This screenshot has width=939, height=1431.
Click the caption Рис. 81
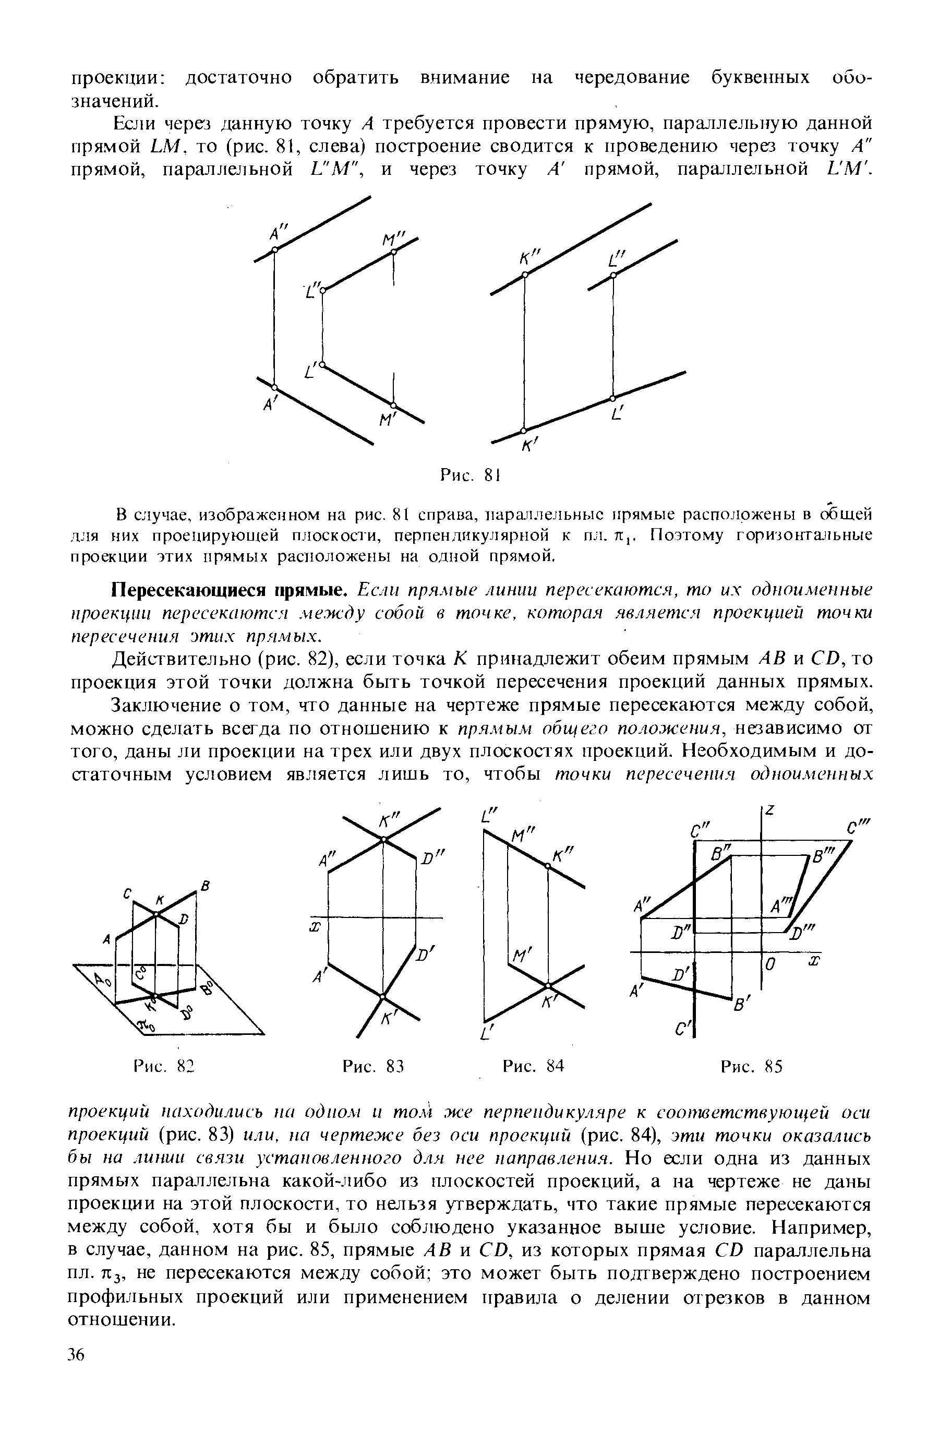coord(471,475)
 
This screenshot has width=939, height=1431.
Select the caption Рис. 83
coord(372,1067)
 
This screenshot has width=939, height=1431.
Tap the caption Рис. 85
coord(751,1067)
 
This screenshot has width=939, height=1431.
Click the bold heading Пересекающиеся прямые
coord(229,588)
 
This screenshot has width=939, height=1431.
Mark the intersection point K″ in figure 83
coord(383,840)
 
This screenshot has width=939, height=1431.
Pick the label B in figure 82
coord(204,885)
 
